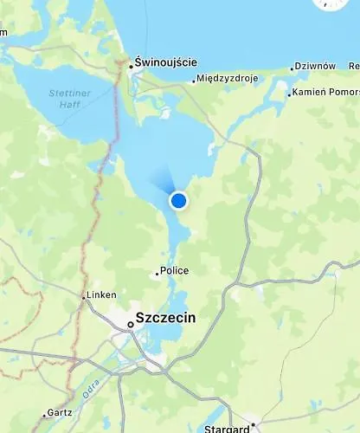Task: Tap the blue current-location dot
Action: [x=179, y=201]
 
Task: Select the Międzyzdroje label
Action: [x=228, y=79]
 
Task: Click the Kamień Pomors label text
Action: [x=325, y=92]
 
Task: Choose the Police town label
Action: [x=175, y=271]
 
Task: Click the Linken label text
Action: [x=102, y=295]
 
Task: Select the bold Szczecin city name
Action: [x=165, y=318]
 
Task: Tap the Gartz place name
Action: [x=61, y=413]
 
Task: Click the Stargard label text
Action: [x=226, y=429]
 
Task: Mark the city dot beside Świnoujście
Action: [x=131, y=65]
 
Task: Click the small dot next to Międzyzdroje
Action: [x=194, y=81]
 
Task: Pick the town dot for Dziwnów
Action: [x=291, y=67]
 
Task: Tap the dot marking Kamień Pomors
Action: [x=289, y=93]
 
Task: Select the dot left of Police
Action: [x=157, y=273]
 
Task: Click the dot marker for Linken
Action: [x=84, y=296]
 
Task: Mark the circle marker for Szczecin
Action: [x=130, y=324]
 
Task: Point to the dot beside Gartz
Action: [x=46, y=414]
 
